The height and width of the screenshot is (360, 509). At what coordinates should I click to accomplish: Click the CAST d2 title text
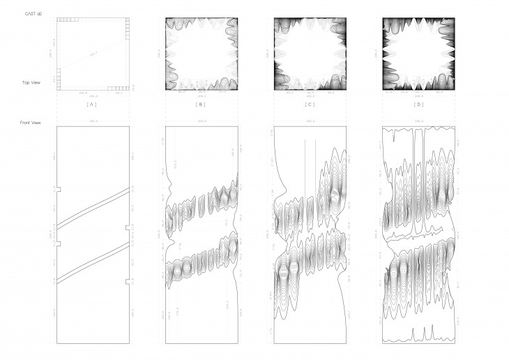pos(31,14)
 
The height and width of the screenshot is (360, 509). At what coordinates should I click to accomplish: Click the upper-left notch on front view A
pos(59,189)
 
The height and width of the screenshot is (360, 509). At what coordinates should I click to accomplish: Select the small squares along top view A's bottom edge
pos(120,88)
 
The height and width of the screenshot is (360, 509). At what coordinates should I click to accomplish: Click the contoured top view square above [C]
pos(310,54)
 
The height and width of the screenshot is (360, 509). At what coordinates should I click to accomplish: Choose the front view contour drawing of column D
pos(419,234)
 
